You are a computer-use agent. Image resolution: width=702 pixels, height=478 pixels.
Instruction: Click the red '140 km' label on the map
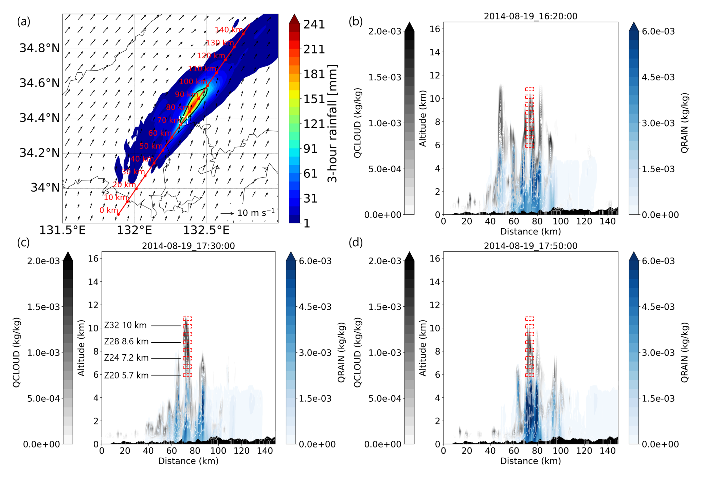(229, 30)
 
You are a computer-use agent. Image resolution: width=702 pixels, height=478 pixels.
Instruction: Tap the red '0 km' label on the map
(109, 210)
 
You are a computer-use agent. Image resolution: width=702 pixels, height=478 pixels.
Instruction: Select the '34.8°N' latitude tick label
(39, 48)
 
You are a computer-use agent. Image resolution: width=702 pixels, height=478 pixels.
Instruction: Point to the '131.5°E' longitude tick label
(62, 230)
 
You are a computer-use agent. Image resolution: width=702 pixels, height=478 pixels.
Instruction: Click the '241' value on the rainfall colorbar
(314, 24)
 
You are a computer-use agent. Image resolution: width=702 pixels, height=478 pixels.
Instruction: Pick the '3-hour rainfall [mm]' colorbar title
(332, 123)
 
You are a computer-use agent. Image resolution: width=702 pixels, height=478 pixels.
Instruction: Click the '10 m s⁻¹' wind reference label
(256, 213)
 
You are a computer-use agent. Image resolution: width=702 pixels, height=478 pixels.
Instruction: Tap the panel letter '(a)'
(23, 21)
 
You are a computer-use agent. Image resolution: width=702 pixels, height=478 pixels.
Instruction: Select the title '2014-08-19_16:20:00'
(530, 16)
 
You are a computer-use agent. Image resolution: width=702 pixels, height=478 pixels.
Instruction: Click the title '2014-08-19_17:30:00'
(188, 246)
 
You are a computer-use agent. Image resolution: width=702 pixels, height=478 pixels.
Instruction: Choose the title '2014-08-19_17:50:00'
(530, 246)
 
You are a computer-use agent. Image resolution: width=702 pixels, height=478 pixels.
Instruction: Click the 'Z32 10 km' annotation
(125, 325)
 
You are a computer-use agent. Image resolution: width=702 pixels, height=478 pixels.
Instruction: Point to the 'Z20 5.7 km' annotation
(126, 375)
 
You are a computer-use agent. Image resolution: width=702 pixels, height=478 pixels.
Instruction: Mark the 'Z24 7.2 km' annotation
(126, 358)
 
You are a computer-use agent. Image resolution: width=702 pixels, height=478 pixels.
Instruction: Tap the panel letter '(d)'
(356, 242)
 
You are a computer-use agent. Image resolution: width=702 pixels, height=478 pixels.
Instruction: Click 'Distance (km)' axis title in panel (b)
(530, 231)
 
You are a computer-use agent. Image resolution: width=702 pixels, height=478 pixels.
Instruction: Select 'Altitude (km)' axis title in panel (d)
(422, 348)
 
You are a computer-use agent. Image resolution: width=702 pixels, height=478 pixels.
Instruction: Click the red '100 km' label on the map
(193, 81)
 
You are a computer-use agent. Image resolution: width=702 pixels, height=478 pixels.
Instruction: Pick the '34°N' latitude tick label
(45, 188)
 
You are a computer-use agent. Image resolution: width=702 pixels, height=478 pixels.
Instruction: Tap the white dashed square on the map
(184, 120)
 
